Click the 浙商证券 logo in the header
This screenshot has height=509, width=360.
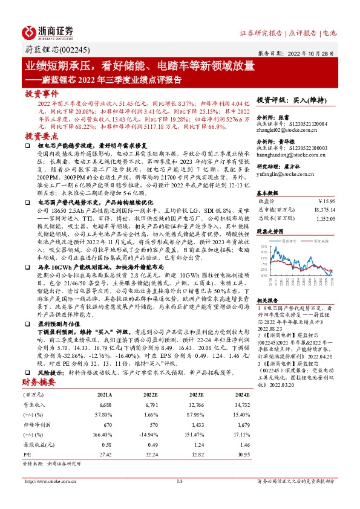click(48, 32)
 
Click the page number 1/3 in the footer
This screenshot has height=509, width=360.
click(180, 481)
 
